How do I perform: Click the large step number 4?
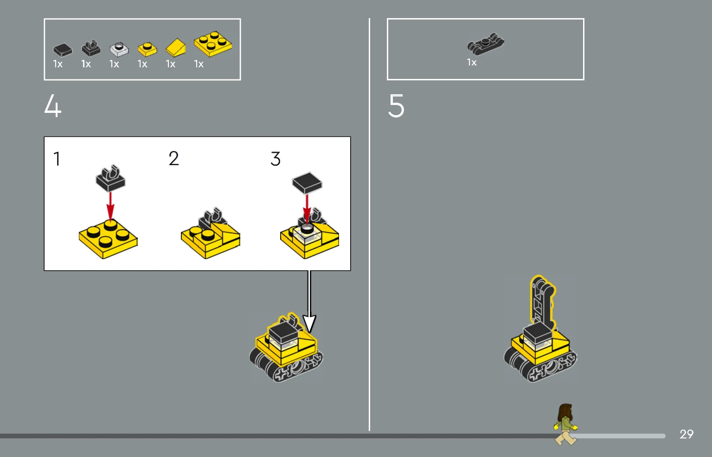53,105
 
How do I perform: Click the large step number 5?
396,105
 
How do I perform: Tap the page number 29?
686,434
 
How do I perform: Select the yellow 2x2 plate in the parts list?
212,44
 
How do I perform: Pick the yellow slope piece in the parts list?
176,48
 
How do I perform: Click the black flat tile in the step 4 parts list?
63,50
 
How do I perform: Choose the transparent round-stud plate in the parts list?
119,49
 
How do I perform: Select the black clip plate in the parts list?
91,48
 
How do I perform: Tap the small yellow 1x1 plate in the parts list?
147,49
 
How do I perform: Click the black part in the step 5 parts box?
485,44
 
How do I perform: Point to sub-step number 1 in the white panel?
57,158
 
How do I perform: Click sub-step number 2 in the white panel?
174,158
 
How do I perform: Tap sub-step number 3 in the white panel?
276,158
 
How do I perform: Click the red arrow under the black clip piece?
110,207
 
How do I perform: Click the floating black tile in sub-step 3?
307,183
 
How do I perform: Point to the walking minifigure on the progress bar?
566,424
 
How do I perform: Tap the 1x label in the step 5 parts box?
472,62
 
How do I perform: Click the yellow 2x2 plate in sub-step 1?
108,239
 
